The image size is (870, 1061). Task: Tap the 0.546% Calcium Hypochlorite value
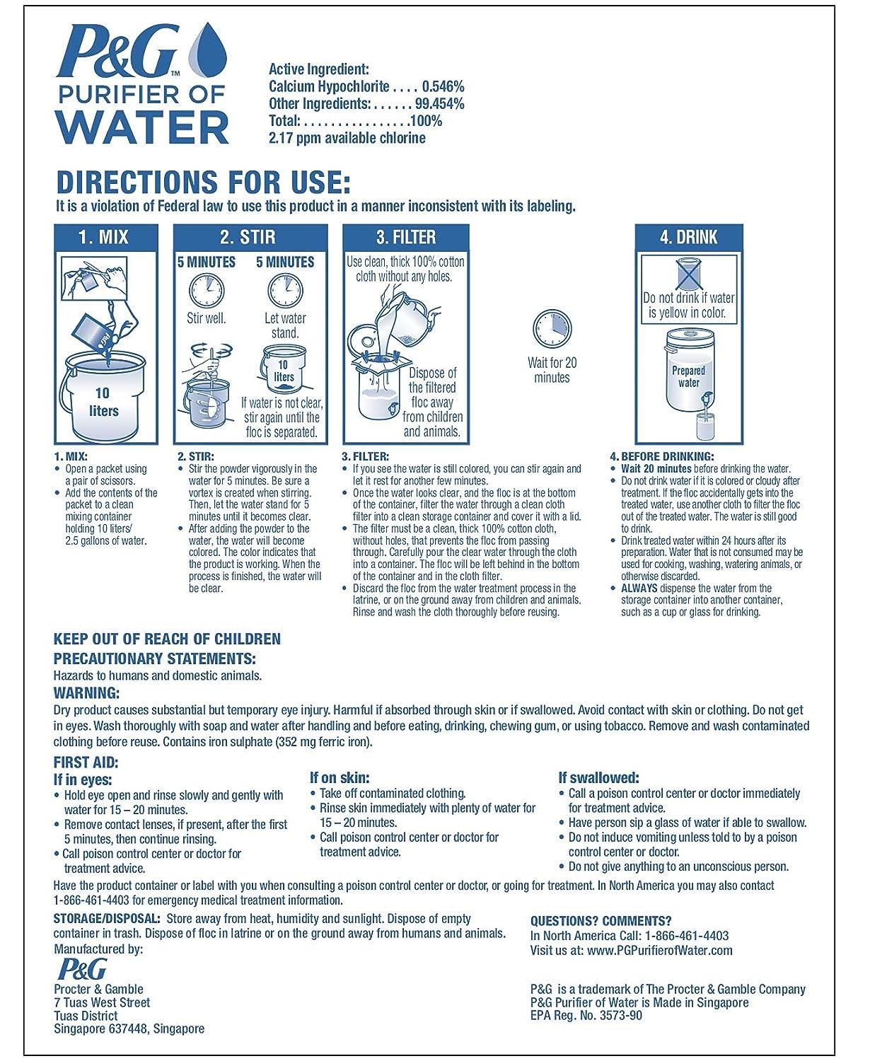[x=443, y=86]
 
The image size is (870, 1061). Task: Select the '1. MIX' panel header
[x=105, y=237]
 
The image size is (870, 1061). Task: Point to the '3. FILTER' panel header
[x=406, y=237]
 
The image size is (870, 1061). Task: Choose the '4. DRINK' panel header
[x=688, y=237]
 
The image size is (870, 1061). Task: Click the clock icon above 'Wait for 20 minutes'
[x=552, y=330]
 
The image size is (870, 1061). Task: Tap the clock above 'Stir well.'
[x=206, y=290]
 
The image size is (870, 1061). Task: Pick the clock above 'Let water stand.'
[x=285, y=290]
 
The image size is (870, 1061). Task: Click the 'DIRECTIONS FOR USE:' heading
[x=203, y=182]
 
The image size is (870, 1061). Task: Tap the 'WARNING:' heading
[x=86, y=693]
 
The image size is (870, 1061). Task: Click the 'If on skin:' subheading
[x=340, y=777]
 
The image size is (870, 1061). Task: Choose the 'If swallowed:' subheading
[x=598, y=777]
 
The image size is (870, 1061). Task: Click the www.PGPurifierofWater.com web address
[x=659, y=950]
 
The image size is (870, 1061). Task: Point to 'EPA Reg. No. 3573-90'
[x=586, y=1015]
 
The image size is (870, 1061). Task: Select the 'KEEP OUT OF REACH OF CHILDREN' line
[x=167, y=639]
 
